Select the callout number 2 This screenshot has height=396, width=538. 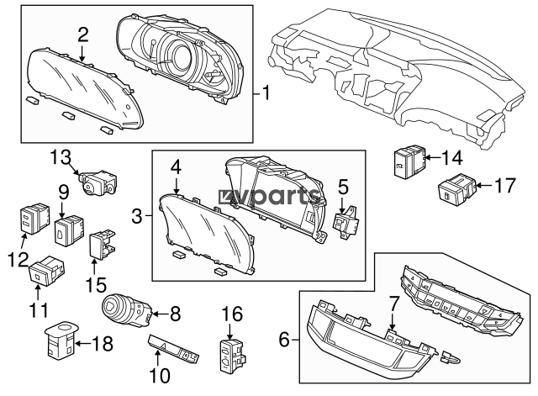click(82, 34)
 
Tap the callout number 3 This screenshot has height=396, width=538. click(137, 217)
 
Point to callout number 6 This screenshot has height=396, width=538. click(284, 340)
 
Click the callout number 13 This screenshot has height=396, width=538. click(60, 156)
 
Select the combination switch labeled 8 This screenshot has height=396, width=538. click(125, 311)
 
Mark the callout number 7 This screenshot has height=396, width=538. click(392, 301)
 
